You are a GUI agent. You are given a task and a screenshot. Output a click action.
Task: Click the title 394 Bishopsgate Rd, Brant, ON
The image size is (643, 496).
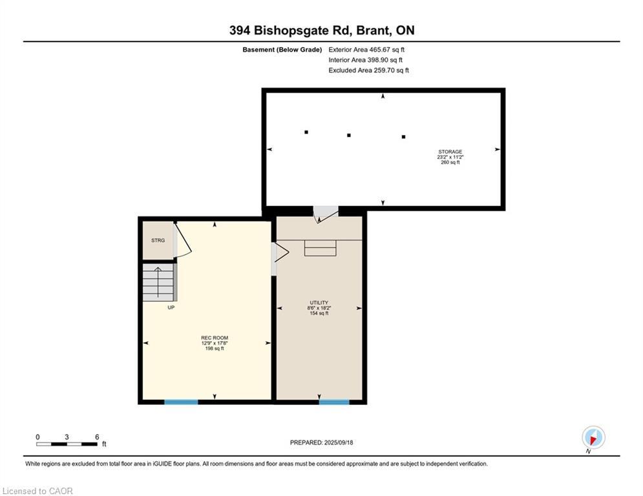(321, 30)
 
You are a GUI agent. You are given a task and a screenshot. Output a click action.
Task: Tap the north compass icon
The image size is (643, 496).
(593, 437)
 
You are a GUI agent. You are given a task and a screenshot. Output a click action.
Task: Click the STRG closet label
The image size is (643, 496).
(158, 240)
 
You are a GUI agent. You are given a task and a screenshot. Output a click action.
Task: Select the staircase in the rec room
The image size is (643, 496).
(158, 282)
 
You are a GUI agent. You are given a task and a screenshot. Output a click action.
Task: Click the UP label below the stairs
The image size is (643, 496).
(171, 307)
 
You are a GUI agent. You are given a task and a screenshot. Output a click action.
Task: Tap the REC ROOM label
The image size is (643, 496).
(215, 343)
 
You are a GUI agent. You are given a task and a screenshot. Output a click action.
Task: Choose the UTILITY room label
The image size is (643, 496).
(319, 307)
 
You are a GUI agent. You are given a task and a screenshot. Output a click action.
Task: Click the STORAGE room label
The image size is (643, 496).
(450, 157)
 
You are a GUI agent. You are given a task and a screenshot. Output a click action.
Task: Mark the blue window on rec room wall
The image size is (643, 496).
(181, 402)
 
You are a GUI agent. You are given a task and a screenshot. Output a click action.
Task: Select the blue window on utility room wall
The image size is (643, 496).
(334, 402)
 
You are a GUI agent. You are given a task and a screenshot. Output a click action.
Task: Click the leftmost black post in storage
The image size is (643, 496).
(306, 132)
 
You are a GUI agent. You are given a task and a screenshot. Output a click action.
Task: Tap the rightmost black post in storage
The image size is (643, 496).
(404, 137)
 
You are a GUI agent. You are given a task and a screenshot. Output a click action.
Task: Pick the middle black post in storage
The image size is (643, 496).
(349, 135)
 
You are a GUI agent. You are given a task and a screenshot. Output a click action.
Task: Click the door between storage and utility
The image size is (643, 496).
(325, 214)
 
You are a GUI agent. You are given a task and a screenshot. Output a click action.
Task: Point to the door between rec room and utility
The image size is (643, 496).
(279, 252)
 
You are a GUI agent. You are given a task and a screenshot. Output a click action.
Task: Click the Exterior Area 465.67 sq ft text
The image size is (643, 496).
(366, 50)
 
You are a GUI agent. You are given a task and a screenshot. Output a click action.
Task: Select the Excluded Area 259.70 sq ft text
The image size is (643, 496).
(368, 70)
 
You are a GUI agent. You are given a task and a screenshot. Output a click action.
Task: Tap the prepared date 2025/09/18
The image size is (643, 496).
(321, 442)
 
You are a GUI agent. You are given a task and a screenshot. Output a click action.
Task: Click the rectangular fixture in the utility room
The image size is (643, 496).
(320, 248)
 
